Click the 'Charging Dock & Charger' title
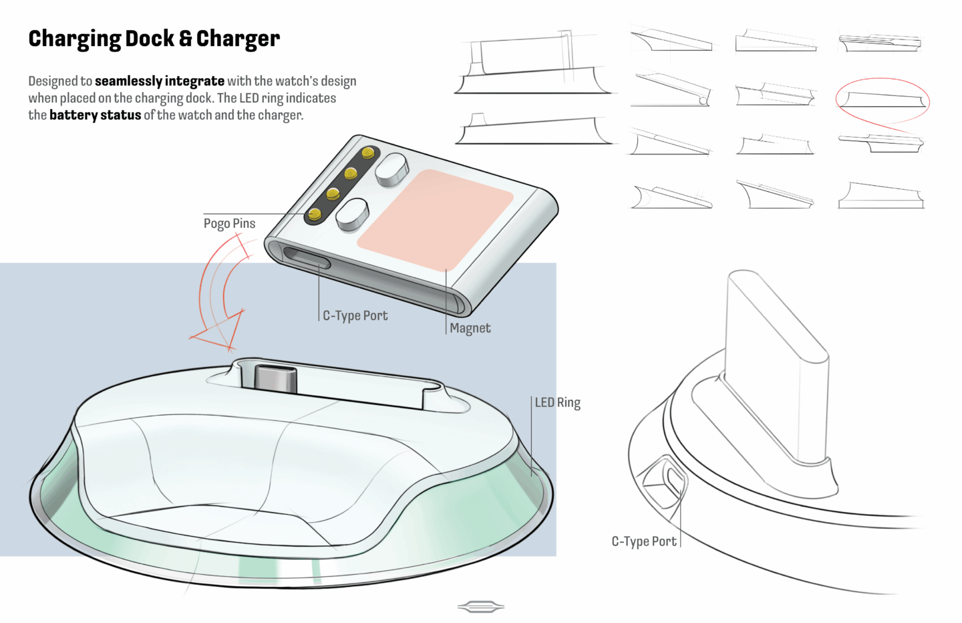pyautogui.click(x=154, y=39)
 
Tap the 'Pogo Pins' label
pyautogui.click(x=229, y=223)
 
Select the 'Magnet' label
pyautogui.click(x=470, y=328)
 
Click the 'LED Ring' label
pyautogui.click(x=557, y=402)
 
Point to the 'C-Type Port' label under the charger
pyautogui.click(x=355, y=316)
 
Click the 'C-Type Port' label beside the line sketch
pyautogui.click(x=644, y=541)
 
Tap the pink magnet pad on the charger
pyautogui.click(x=435, y=220)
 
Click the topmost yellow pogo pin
pyautogui.click(x=367, y=152)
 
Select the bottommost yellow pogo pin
pyautogui.click(x=315, y=213)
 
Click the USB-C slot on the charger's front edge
pyautogui.click(x=307, y=258)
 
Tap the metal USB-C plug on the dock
pyautogui.click(x=275, y=379)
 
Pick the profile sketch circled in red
pyautogui.click(x=883, y=100)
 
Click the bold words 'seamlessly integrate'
pyautogui.click(x=160, y=81)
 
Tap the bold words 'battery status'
pyautogui.click(x=96, y=115)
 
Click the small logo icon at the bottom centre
pyautogui.click(x=480, y=607)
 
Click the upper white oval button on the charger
pyautogui.click(x=391, y=170)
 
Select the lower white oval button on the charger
pyautogui.click(x=352, y=215)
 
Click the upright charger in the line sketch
pyautogui.click(x=778, y=370)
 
